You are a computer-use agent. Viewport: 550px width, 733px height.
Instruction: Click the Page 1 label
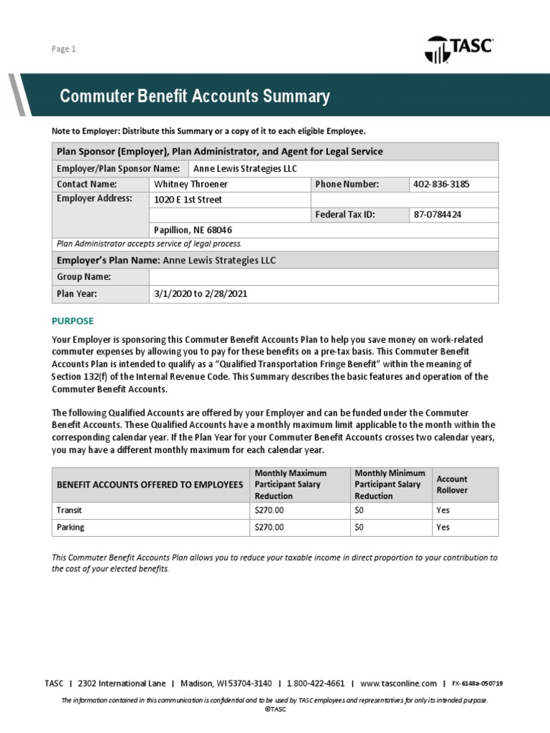(63, 49)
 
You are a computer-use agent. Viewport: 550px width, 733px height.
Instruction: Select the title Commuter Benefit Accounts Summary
(194, 97)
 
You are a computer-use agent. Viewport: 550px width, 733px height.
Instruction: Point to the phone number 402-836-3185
(442, 184)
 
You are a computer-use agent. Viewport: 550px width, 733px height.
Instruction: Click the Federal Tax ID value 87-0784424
(438, 215)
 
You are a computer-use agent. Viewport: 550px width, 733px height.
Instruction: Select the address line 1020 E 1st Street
(188, 200)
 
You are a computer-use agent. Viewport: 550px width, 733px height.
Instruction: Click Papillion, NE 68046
(193, 230)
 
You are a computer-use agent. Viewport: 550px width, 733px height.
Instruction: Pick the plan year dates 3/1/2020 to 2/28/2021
(201, 294)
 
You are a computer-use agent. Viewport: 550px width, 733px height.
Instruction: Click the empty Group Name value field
(324, 277)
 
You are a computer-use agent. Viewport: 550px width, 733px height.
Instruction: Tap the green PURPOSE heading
(73, 321)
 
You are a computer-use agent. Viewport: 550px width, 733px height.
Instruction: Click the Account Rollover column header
(452, 484)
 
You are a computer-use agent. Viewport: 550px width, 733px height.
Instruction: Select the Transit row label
(69, 510)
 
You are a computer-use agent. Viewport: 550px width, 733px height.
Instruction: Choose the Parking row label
(70, 527)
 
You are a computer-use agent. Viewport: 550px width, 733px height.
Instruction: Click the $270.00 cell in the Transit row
(269, 510)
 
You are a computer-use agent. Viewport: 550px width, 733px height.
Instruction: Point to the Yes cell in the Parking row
(443, 527)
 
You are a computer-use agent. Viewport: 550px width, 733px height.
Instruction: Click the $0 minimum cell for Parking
(360, 527)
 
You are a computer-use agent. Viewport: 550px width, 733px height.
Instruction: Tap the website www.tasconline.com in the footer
(398, 684)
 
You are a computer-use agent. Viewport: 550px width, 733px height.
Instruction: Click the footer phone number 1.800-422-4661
(316, 684)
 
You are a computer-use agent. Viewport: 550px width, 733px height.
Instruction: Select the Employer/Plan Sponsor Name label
(118, 168)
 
